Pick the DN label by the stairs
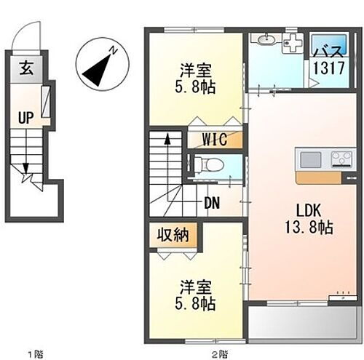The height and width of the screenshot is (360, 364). [213, 204]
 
